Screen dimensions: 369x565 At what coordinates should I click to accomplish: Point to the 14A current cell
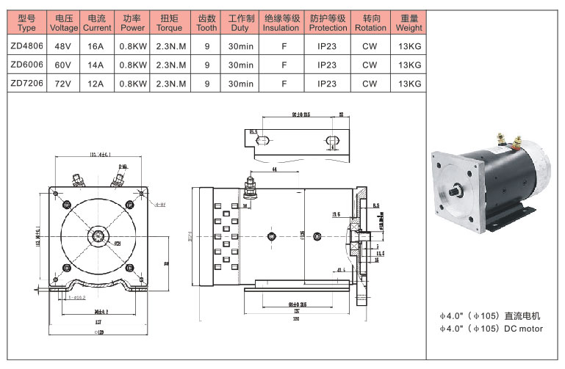[x=96, y=65]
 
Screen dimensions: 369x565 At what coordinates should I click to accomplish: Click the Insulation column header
[x=281, y=22]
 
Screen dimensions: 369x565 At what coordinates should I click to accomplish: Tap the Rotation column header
[x=370, y=22]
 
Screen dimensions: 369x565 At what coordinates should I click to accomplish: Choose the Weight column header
[x=409, y=22]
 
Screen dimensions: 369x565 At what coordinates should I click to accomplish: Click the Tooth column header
[x=207, y=22]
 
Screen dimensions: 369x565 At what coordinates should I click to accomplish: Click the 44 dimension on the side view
[x=273, y=170]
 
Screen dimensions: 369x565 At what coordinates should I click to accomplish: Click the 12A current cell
[x=96, y=84]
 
